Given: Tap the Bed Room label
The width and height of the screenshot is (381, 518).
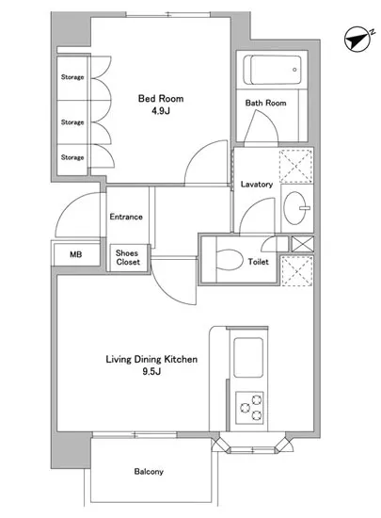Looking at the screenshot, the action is click(x=161, y=99).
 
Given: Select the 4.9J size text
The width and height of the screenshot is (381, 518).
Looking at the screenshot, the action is click(x=161, y=111).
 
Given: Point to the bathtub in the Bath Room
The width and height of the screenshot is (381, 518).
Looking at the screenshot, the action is click(x=272, y=70).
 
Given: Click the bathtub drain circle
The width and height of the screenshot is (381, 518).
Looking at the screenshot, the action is click(x=294, y=70).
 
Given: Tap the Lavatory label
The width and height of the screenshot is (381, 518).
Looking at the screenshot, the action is click(x=257, y=185).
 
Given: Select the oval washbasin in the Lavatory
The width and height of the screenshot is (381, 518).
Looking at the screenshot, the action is click(x=294, y=208).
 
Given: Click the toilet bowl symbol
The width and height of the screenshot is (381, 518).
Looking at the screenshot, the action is click(x=229, y=260).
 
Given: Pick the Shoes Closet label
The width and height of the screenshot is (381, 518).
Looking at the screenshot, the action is click(x=128, y=258).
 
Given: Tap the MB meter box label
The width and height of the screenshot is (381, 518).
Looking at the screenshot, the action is click(x=76, y=254).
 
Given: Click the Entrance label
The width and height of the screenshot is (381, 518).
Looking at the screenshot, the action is click(x=126, y=217).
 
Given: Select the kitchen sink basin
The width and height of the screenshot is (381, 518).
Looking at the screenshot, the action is click(x=248, y=358).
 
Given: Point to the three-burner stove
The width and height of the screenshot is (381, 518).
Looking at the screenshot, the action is click(x=249, y=408).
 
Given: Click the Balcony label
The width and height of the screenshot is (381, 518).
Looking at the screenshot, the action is click(x=149, y=472).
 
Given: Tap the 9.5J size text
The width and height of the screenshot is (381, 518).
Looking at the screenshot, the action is click(x=151, y=372).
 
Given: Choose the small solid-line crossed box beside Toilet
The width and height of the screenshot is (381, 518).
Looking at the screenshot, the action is click(x=302, y=244).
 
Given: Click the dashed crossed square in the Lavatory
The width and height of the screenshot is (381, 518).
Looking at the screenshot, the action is click(x=296, y=166).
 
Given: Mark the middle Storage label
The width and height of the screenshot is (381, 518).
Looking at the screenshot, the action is click(x=72, y=122).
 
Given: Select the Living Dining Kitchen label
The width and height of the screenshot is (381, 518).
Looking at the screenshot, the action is click(x=151, y=360).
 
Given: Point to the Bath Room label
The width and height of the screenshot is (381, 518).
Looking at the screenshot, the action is click(x=265, y=103).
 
